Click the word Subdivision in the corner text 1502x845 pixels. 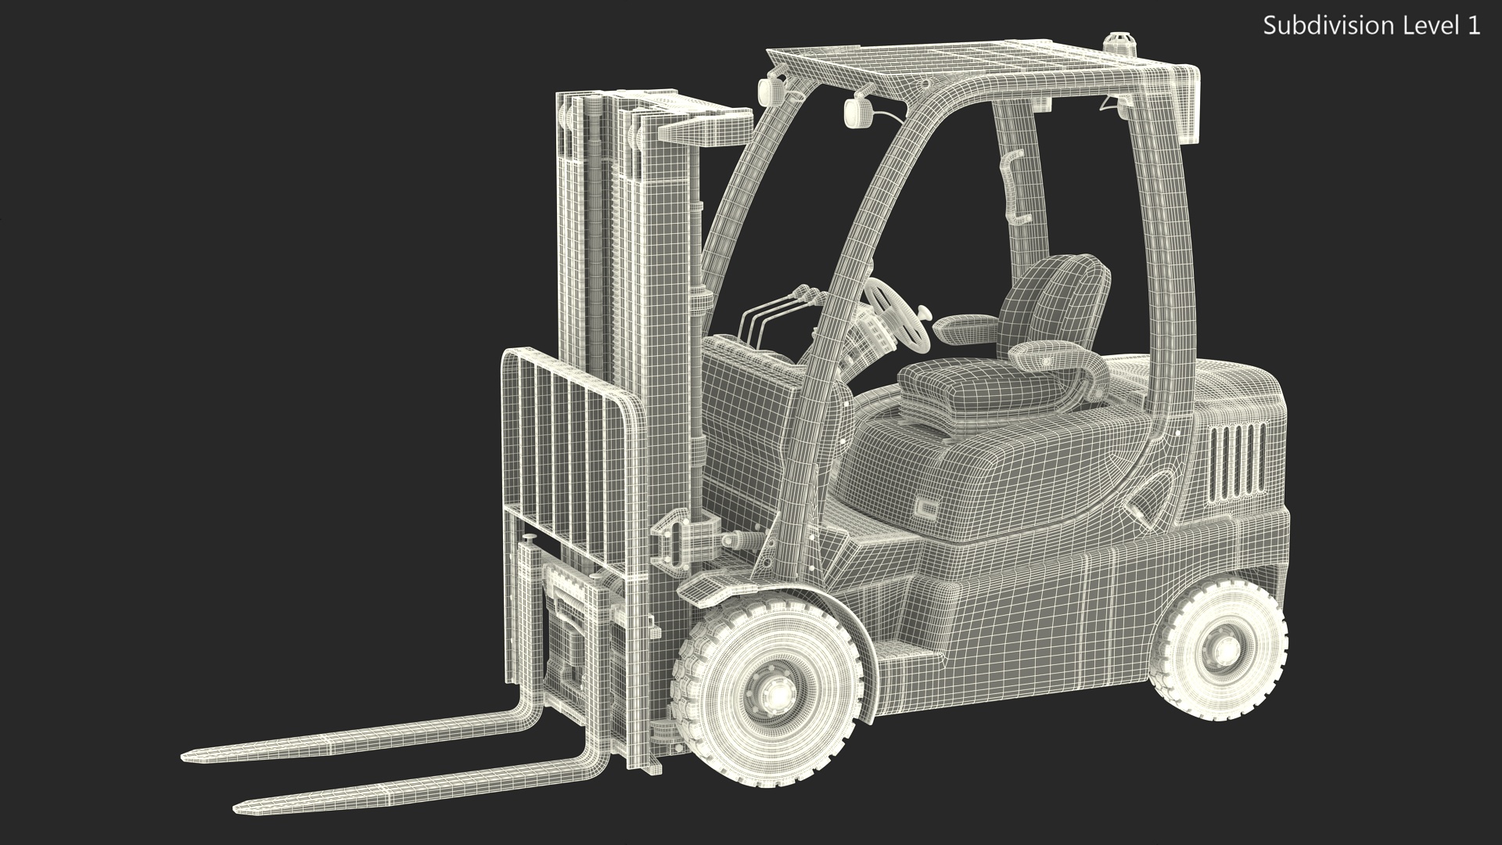pyautogui.click(x=1321, y=26)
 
